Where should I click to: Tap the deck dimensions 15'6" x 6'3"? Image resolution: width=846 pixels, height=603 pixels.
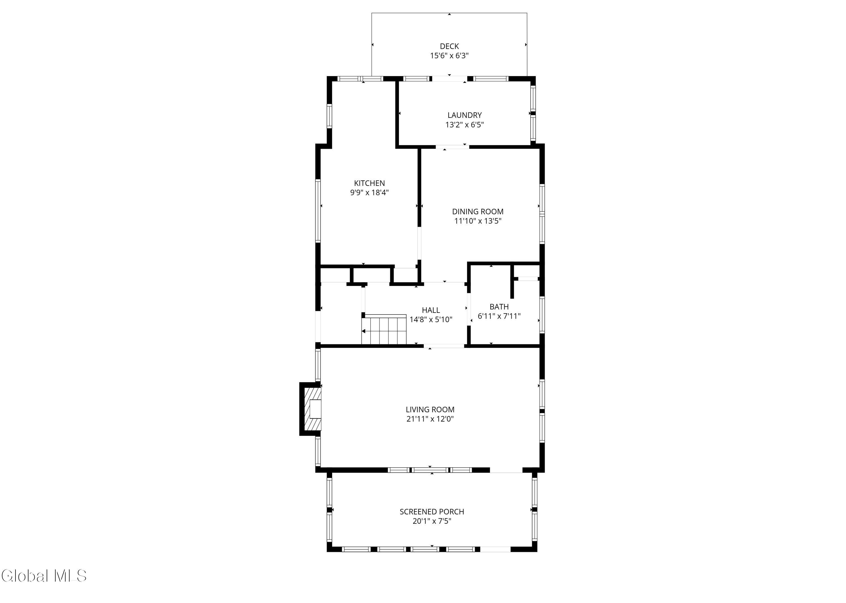point(449,56)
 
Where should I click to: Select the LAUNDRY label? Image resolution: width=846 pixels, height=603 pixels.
point(464,115)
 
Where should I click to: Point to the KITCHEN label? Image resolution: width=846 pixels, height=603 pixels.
point(369,183)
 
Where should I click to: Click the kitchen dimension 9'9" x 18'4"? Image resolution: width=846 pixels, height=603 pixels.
point(369,193)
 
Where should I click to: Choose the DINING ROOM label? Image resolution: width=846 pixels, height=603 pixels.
point(478,212)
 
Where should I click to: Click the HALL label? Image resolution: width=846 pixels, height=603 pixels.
point(431,310)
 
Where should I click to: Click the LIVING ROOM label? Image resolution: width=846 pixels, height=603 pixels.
point(430,410)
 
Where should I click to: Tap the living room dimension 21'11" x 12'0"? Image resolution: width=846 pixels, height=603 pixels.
point(430,419)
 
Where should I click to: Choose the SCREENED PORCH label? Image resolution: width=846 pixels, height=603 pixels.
point(432,512)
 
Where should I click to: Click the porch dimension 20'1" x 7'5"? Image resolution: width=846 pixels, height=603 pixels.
point(432,521)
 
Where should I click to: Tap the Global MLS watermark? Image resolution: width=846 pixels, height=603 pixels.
point(44,576)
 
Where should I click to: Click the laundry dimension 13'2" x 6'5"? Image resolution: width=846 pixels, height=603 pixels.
point(464,125)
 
